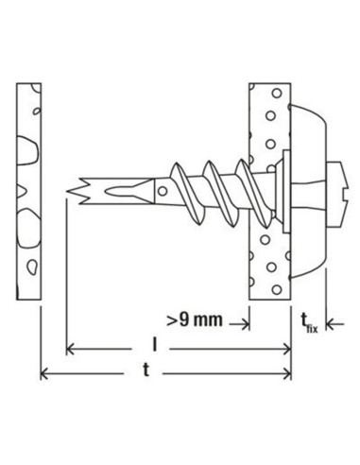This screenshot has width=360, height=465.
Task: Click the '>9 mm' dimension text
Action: [x=195, y=319]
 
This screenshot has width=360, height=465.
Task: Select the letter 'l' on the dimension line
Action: [x=154, y=344]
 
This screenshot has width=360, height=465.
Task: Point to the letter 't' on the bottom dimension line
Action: [x=146, y=370]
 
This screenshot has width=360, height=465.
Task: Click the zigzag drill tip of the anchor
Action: [x=77, y=191]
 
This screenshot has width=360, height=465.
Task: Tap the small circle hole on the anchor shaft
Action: [x=163, y=191]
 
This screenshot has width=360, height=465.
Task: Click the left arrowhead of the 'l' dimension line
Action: [x=70, y=349]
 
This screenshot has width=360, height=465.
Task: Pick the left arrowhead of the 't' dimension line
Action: [x=44, y=374]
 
